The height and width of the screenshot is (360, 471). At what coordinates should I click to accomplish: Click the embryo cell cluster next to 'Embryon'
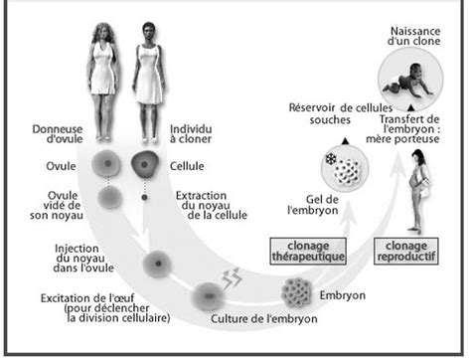[297, 292]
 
